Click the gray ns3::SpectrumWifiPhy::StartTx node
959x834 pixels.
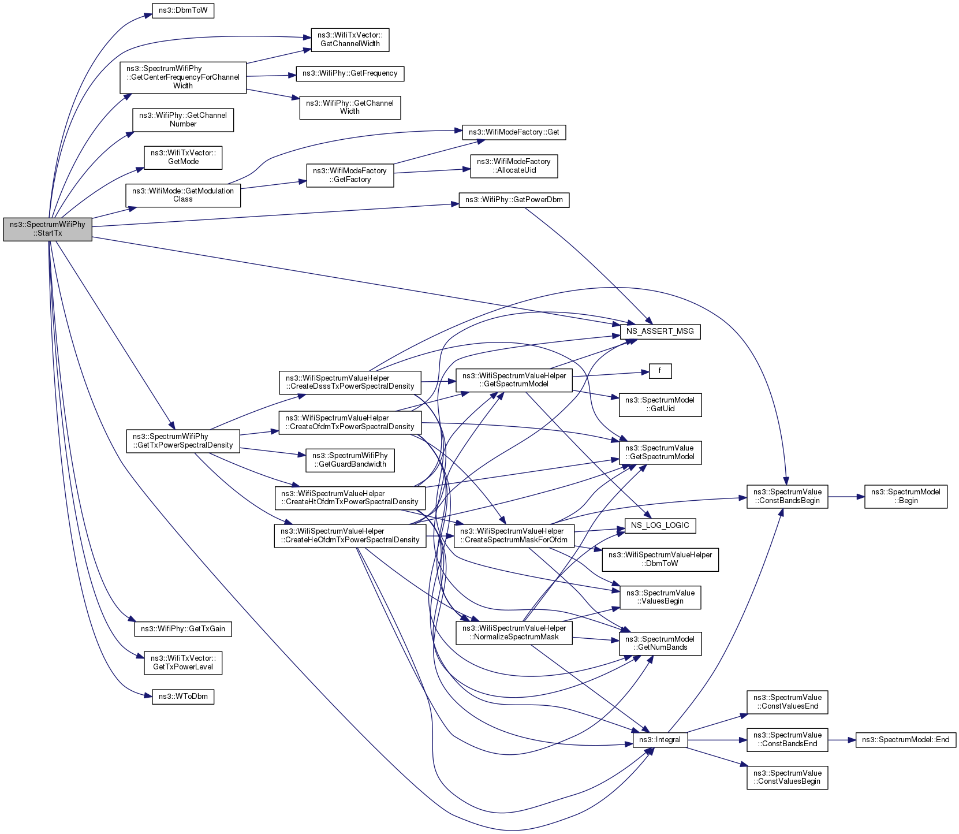[47, 229]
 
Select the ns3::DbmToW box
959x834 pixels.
[183, 11]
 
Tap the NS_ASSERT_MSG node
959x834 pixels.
[660, 332]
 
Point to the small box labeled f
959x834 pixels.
[660, 371]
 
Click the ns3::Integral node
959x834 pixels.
[660, 740]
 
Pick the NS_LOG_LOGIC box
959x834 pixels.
[660, 526]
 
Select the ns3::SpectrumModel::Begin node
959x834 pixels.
[905, 497]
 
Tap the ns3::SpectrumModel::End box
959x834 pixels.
[905, 740]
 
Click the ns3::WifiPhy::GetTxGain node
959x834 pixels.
[183, 629]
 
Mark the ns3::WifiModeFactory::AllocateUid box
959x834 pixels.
[514, 166]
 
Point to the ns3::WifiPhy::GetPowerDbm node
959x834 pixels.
[514, 200]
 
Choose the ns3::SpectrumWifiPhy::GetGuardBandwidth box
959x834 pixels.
[350, 460]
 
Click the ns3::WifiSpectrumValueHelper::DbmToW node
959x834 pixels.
[660, 560]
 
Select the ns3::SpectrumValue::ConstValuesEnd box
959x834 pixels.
[787, 702]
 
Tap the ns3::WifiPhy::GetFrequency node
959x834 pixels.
[350, 74]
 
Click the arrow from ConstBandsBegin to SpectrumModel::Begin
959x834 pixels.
[846, 497]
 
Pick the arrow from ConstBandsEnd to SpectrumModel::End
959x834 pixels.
[841, 740]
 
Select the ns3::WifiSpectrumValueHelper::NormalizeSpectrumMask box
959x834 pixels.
[514, 633]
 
